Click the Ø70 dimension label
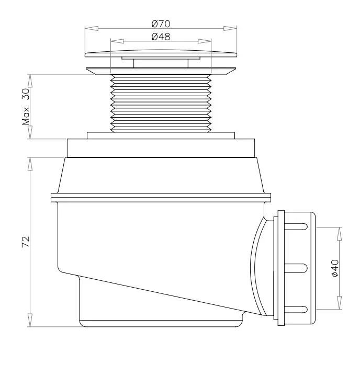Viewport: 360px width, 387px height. click(161, 24)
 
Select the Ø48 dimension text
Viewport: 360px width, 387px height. click(161, 37)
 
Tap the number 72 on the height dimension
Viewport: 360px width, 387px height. click(26, 242)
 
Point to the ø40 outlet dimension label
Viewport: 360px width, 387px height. click(335, 268)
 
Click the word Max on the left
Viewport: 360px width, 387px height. click(26, 116)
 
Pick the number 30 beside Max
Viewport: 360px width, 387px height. click(26, 94)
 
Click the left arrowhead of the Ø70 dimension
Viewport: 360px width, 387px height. click(92, 28)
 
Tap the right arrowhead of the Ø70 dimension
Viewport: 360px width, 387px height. click(230, 28)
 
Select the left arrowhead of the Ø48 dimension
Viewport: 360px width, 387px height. click(117, 41)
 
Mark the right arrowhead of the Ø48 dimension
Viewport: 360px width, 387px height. click(205, 41)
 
